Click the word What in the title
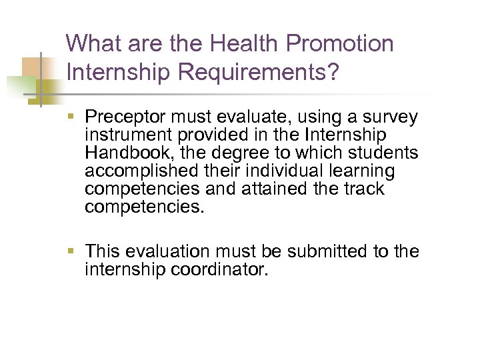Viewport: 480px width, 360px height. pyautogui.click(x=94, y=45)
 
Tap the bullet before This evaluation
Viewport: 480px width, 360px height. pyautogui.click(x=72, y=252)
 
